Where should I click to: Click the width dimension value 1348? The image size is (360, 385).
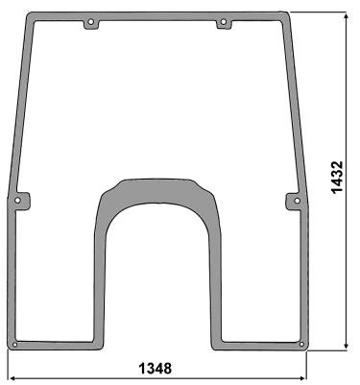click(x=156, y=369)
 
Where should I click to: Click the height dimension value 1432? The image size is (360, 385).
click(x=337, y=178)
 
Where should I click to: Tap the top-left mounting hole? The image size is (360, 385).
click(x=91, y=22)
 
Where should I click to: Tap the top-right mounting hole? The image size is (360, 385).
click(x=224, y=22)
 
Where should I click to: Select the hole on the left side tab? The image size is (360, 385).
click(x=17, y=201)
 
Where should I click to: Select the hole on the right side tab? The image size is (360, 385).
click(x=298, y=201)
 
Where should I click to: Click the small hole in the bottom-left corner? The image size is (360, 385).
click(x=14, y=345)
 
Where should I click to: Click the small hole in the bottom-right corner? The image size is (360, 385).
click(x=301, y=345)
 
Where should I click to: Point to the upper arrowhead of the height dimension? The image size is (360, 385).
click(x=346, y=16)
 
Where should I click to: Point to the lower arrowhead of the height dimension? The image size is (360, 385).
click(x=346, y=347)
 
